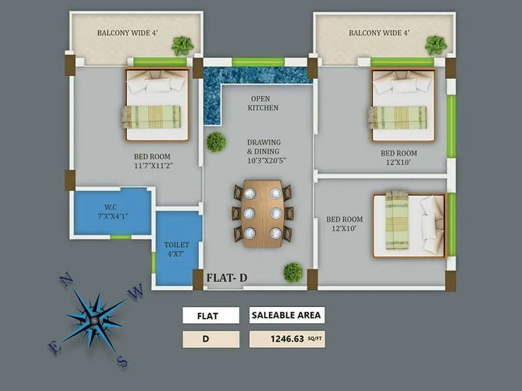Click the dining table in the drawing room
click(263, 213)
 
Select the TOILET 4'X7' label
click(177, 250)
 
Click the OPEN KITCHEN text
click(264, 103)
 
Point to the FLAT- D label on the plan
click(227, 278)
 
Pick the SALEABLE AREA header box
click(286, 315)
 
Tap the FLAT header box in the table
click(211, 316)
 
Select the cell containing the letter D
click(211, 339)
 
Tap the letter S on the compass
click(121, 360)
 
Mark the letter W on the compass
click(136, 293)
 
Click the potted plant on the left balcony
click(182, 46)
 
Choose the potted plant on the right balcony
click(435, 45)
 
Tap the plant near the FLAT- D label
click(293, 272)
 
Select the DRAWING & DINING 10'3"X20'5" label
click(264, 151)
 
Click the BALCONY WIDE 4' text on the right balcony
click(378, 33)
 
